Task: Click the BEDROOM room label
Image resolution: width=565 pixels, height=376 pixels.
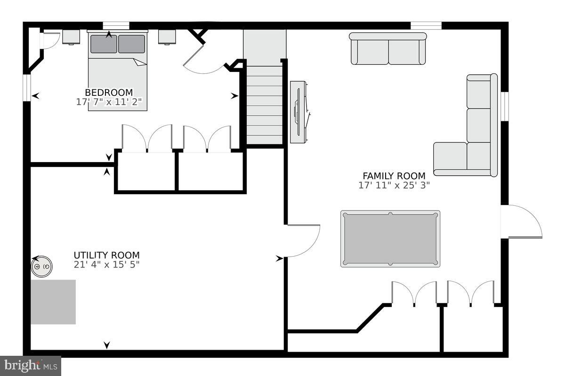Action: [109, 93]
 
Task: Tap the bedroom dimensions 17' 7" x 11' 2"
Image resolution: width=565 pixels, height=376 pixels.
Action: [109, 102]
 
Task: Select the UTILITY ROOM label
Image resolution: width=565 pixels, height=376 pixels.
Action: [106, 255]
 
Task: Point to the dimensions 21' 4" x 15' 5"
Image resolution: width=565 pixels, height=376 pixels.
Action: [106, 265]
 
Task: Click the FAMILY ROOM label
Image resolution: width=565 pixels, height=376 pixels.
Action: [394, 176]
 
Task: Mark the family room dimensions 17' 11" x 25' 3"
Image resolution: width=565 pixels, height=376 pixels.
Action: [394, 185]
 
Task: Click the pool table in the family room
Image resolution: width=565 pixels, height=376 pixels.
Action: [390, 239]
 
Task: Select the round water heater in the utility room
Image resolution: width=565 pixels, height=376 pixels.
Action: [41, 266]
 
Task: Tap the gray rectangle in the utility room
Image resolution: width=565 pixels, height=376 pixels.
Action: [53, 302]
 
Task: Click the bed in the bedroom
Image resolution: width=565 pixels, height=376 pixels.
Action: [118, 80]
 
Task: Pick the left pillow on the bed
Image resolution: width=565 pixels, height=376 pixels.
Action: [103, 44]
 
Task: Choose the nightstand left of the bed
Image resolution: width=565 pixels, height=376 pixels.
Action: [71, 37]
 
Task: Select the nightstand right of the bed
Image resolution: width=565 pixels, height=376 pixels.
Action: [167, 37]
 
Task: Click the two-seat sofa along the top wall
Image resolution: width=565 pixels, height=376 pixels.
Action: [388, 49]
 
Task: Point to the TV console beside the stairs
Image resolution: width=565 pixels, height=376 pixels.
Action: [299, 112]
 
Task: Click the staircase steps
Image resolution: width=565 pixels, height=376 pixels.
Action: [264, 103]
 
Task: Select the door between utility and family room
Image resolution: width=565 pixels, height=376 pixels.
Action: [302, 241]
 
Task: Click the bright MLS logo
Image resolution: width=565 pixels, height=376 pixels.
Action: [31, 365]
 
